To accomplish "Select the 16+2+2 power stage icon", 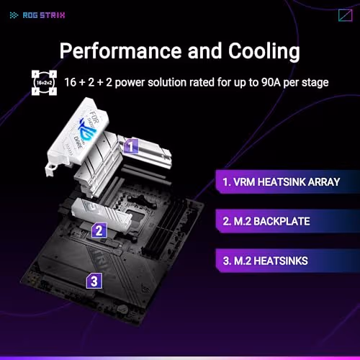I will click(x=42, y=83).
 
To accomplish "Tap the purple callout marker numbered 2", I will click(x=100, y=231).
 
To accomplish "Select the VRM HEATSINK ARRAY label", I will click(x=280, y=181).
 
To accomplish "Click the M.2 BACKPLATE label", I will click(x=266, y=220).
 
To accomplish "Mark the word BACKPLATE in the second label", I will click(x=283, y=220).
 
